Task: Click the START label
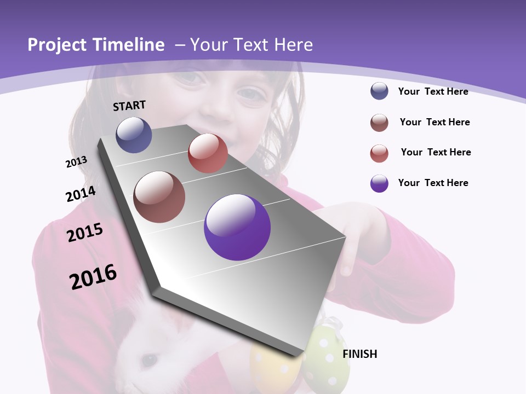pos(129,106)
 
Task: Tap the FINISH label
pos(359,354)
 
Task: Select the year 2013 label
pos(76,162)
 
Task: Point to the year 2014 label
pos(81,194)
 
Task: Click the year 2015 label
pos(84,233)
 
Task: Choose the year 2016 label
pos(93,277)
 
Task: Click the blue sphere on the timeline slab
pos(134,135)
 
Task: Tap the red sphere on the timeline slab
pos(208,153)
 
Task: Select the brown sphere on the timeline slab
pos(159,197)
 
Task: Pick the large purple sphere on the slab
pos(237,227)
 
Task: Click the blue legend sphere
pos(379,91)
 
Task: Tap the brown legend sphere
pos(379,123)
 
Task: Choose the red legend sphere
pos(379,153)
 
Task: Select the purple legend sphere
pos(379,183)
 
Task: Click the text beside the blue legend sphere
pos(433,91)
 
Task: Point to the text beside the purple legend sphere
pos(433,183)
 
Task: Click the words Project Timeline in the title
pos(96,45)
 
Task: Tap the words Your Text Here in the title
pos(251,45)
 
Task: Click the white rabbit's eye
pos(148,360)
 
